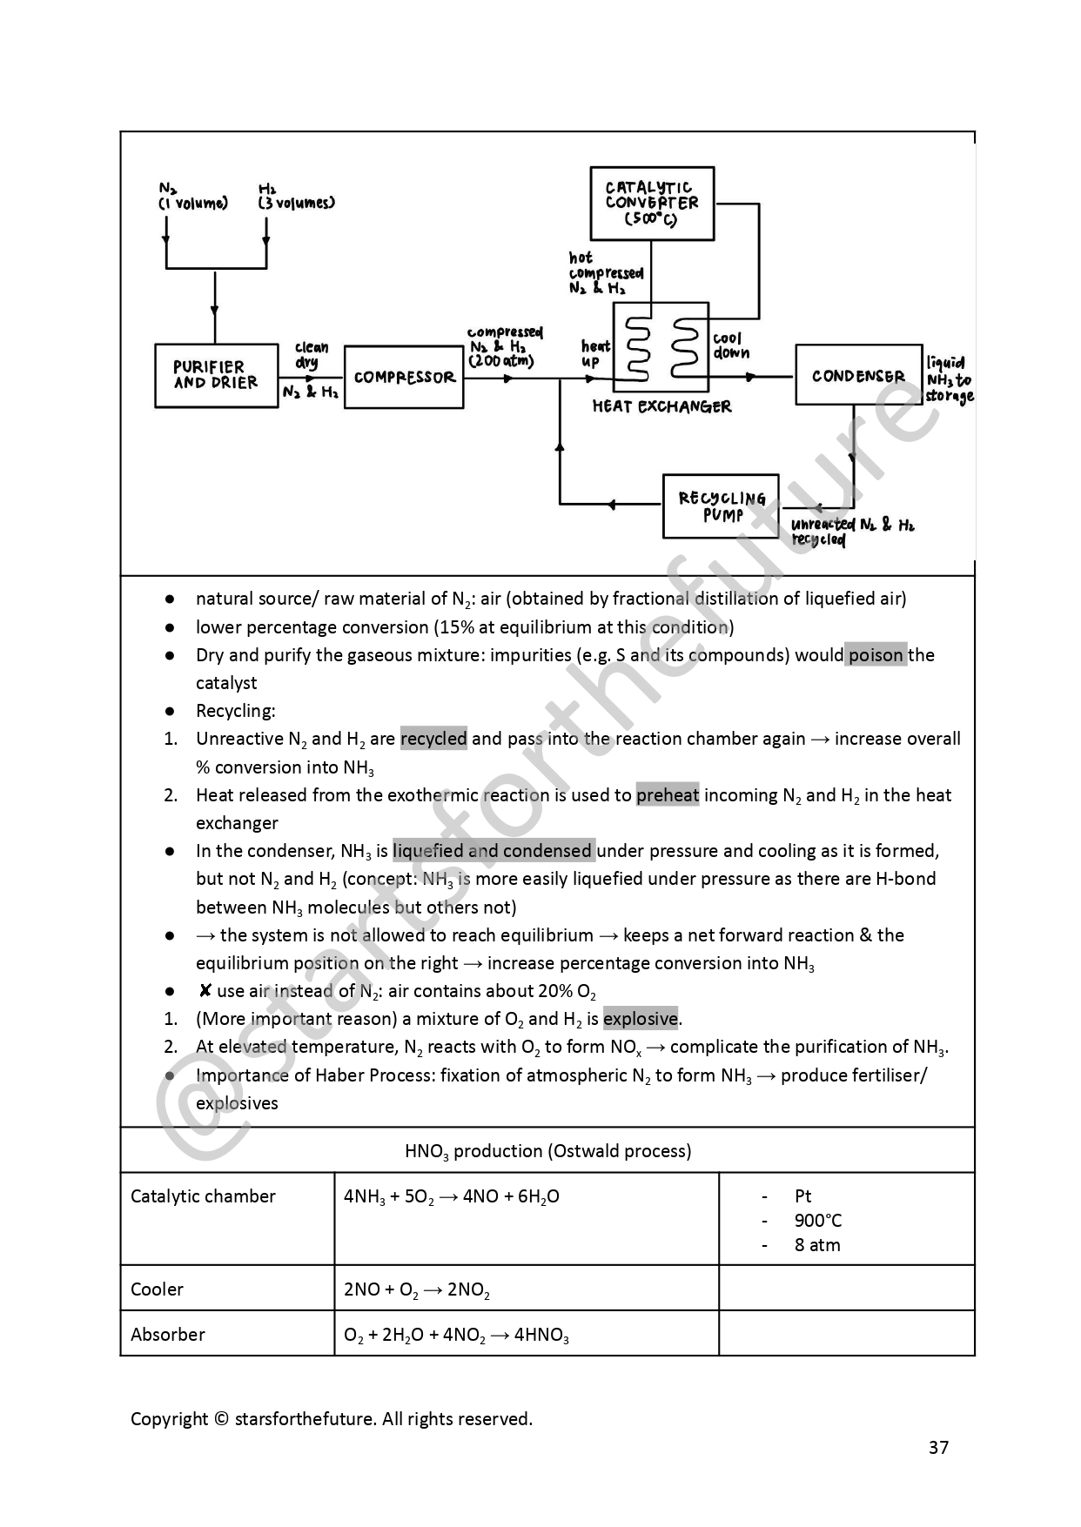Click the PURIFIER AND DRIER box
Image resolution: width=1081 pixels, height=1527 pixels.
point(216,375)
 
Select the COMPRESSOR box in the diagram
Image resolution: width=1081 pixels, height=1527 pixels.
point(404,377)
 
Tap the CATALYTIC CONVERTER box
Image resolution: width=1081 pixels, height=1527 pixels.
point(652,203)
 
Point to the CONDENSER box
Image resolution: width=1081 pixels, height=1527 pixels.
point(858,375)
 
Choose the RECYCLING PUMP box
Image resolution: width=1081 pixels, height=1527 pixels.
point(722,506)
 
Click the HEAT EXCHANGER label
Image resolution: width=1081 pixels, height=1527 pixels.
point(661,406)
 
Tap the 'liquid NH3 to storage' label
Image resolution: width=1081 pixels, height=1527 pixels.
point(949,379)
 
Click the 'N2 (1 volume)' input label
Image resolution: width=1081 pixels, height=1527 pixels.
point(192,196)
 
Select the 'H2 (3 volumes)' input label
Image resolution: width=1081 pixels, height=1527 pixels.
point(296,196)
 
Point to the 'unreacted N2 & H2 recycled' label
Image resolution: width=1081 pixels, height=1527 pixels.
point(851,532)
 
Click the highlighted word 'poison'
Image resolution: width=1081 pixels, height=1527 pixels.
point(876,655)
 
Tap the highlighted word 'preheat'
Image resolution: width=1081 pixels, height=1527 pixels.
point(668,795)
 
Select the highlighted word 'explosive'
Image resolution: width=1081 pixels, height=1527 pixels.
point(641,1019)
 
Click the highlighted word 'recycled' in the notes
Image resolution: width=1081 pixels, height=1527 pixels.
point(433,739)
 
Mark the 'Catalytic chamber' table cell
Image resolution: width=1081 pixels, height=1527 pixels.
point(203,1196)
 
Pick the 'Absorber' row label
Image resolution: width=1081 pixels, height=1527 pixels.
point(168,1335)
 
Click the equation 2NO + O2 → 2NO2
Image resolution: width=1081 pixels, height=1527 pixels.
point(417,1289)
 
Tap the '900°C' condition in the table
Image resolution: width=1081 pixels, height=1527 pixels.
point(818,1221)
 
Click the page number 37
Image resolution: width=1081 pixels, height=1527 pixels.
point(938,1447)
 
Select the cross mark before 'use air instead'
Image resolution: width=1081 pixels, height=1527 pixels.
point(205,990)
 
